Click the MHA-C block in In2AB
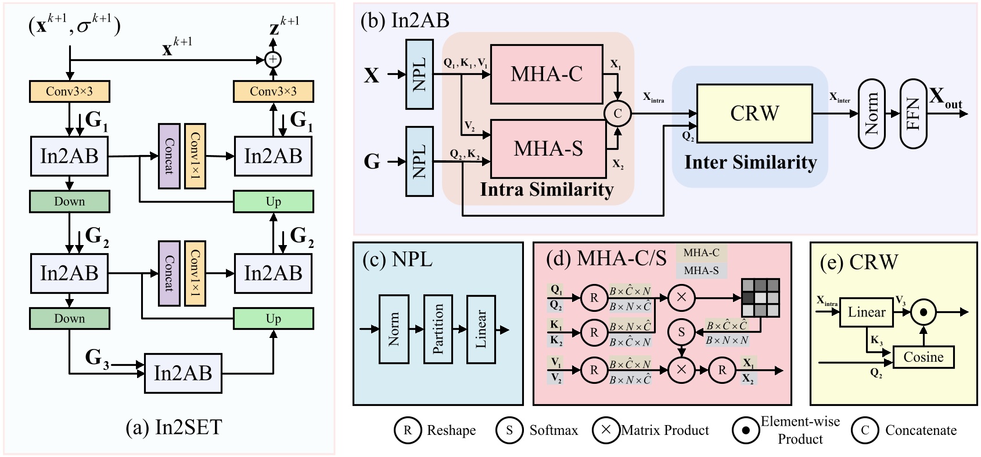pyautogui.click(x=547, y=74)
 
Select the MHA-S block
pyautogui.click(x=548, y=149)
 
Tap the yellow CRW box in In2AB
pyautogui.click(x=754, y=113)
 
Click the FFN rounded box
pyautogui.click(x=913, y=114)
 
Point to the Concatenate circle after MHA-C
pyautogui.click(x=617, y=113)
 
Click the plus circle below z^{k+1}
pyautogui.click(x=273, y=59)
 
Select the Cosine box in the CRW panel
pyautogui.click(x=923, y=357)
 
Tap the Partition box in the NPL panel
pyautogui.click(x=438, y=329)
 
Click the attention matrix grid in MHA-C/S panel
pyautogui.click(x=760, y=297)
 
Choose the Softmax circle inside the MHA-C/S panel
pyautogui.click(x=681, y=333)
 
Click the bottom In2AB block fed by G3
pyautogui.click(x=183, y=373)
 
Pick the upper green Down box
pyautogui.click(x=69, y=201)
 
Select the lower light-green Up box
pyautogui.click(x=273, y=318)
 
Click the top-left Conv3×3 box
pyautogui.click(x=69, y=91)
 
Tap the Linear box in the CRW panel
pyautogui.click(x=866, y=312)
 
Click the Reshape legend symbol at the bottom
pyautogui.click(x=407, y=430)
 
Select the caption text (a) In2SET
pyautogui.click(x=174, y=428)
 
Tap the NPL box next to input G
pyautogui.click(x=419, y=161)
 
